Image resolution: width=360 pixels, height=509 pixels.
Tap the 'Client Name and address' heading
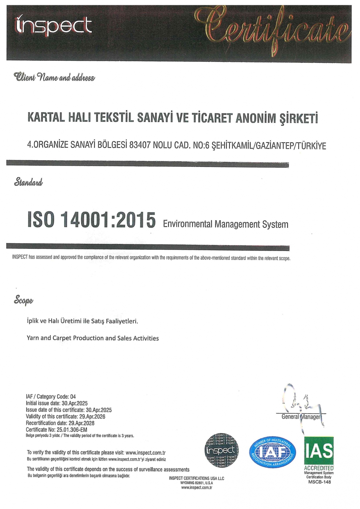[x=54, y=78]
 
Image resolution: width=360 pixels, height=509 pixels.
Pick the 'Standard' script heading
[x=28, y=182]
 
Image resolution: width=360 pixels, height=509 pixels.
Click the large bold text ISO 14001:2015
[x=91, y=220]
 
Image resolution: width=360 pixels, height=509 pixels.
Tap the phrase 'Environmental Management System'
[x=225, y=224]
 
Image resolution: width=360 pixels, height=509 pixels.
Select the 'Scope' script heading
[x=23, y=300]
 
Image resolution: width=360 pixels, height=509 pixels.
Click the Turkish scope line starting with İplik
[x=82, y=321]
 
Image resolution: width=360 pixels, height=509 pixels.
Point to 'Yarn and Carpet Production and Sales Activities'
[x=93, y=338]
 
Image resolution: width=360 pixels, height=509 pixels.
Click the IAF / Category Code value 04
[x=73, y=396]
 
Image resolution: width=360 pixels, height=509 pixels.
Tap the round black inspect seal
[x=221, y=450]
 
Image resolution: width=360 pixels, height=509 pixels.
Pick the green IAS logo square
[x=319, y=451]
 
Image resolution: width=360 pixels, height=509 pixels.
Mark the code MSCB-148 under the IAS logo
[x=319, y=482]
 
